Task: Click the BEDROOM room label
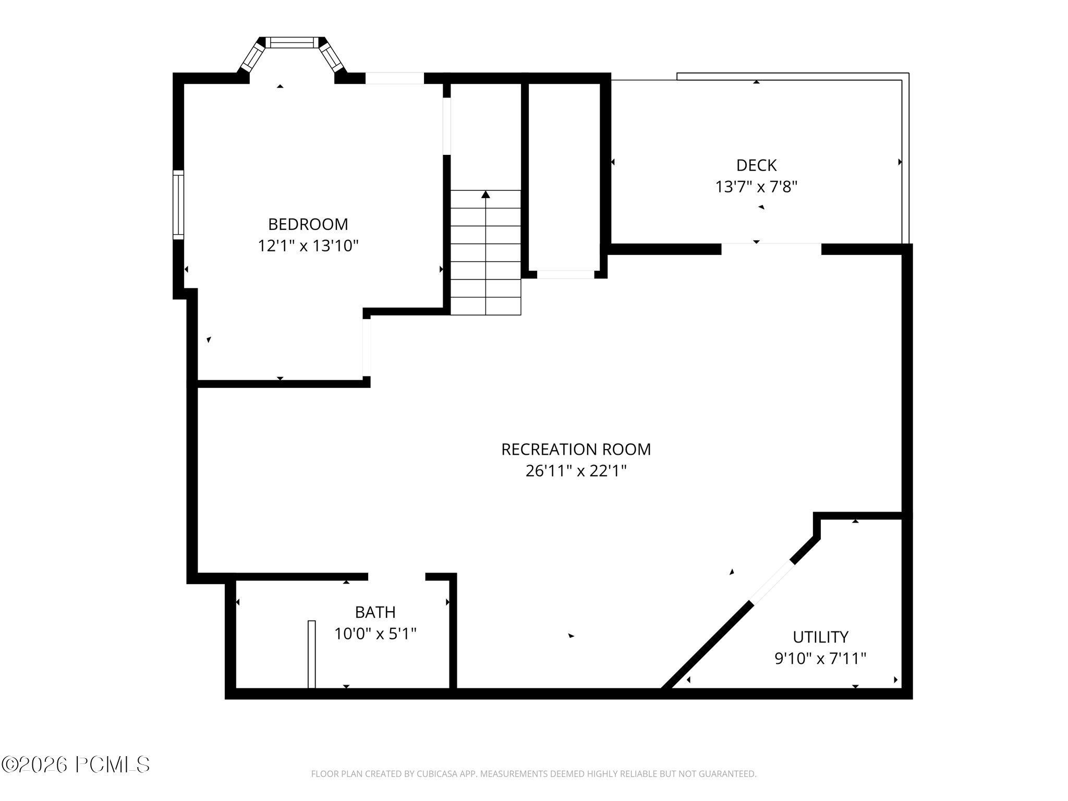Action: click(x=308, y=224)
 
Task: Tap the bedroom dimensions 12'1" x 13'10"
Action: click(x=308, y=246)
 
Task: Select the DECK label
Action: click(x=756, y=165)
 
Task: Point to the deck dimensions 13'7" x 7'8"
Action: click(x=756, y=187)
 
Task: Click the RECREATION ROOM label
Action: click(x=576, y=450)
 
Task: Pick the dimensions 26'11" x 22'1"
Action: click(x=576, y=471)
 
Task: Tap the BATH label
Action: click(x=375, y=612)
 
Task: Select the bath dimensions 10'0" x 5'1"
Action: click(x=375, y=634)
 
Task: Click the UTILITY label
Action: click(x=820, y=637)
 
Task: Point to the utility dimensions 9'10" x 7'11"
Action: click(x=820, y=659)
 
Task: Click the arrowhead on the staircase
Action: click(x=486, y=195)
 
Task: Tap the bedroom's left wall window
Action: click(x=178, y=204)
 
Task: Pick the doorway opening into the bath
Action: click(x=396, y=576)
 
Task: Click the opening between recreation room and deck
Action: click(x=771, y=249)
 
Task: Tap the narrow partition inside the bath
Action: click(x=311, y=654)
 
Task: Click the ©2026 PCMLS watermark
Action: click(x=76, y=765)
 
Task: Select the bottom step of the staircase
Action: click(x=486, y=306)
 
